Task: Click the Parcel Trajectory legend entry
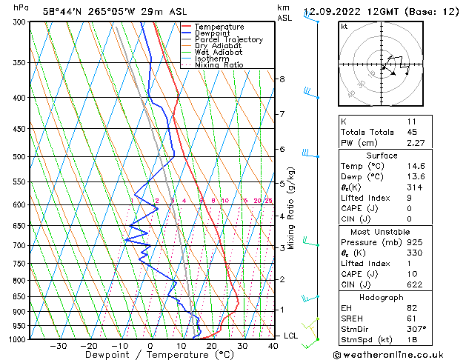pos(228,39)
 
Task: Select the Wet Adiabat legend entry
pos(219,52)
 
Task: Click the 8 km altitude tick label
pos(282,79)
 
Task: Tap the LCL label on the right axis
pos(291,336)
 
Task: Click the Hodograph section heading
pos(382,296)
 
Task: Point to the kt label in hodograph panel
pos(344,27)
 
